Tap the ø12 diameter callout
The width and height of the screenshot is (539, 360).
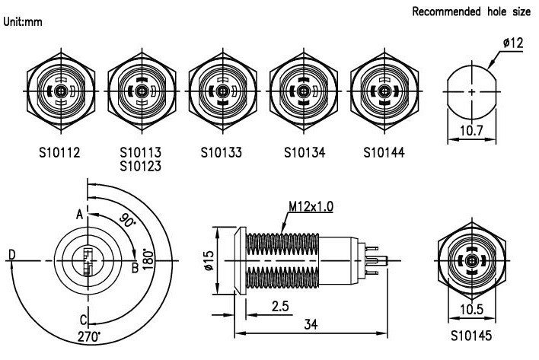[x=512, y=43]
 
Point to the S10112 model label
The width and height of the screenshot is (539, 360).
[x=59, y=151]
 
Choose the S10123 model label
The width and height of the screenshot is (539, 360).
[x=141, y=164]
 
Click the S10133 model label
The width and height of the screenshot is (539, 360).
[x=222, y=151]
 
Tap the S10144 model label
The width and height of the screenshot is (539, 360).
[x=384, y=151]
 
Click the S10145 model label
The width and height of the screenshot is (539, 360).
[x=473, y=333]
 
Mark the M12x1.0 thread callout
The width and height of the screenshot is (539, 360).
[x=311, y=205]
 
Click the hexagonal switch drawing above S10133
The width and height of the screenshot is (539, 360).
[x=221, y=91]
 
